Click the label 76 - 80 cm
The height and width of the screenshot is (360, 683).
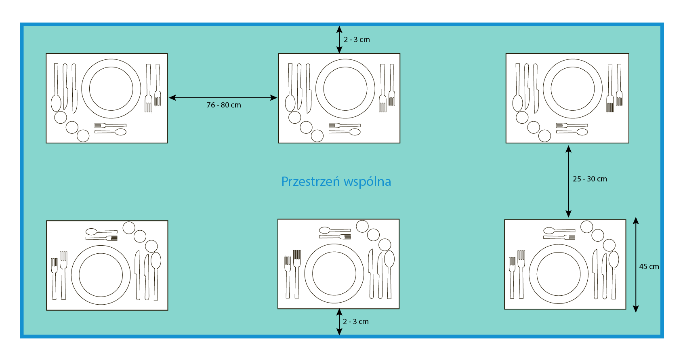tap(224, 105)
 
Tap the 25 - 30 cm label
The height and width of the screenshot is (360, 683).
tap(590, 179)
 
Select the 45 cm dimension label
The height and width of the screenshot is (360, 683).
tap(649, 267)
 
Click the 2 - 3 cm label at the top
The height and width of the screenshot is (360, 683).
tap(357, 40)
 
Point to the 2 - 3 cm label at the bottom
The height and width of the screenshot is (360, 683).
tap(355, 322)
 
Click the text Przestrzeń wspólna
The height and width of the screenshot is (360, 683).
tap(336, 181)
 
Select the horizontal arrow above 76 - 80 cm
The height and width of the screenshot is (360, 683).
tap(223, 97)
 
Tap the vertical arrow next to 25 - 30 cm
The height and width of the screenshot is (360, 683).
tap(568, 181)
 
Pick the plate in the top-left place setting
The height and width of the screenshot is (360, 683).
tap(111, 88)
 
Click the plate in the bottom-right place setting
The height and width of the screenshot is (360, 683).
tap(559, 274)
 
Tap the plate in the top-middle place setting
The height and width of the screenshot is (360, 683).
tap(345, 88)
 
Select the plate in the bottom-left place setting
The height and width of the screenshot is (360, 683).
tap(101, 275)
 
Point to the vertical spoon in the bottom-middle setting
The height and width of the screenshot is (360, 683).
tap(389, 267)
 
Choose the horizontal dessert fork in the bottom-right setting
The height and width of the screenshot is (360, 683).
tap(559, 237)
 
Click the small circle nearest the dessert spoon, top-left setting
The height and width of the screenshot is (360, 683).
tap(83, 136)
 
